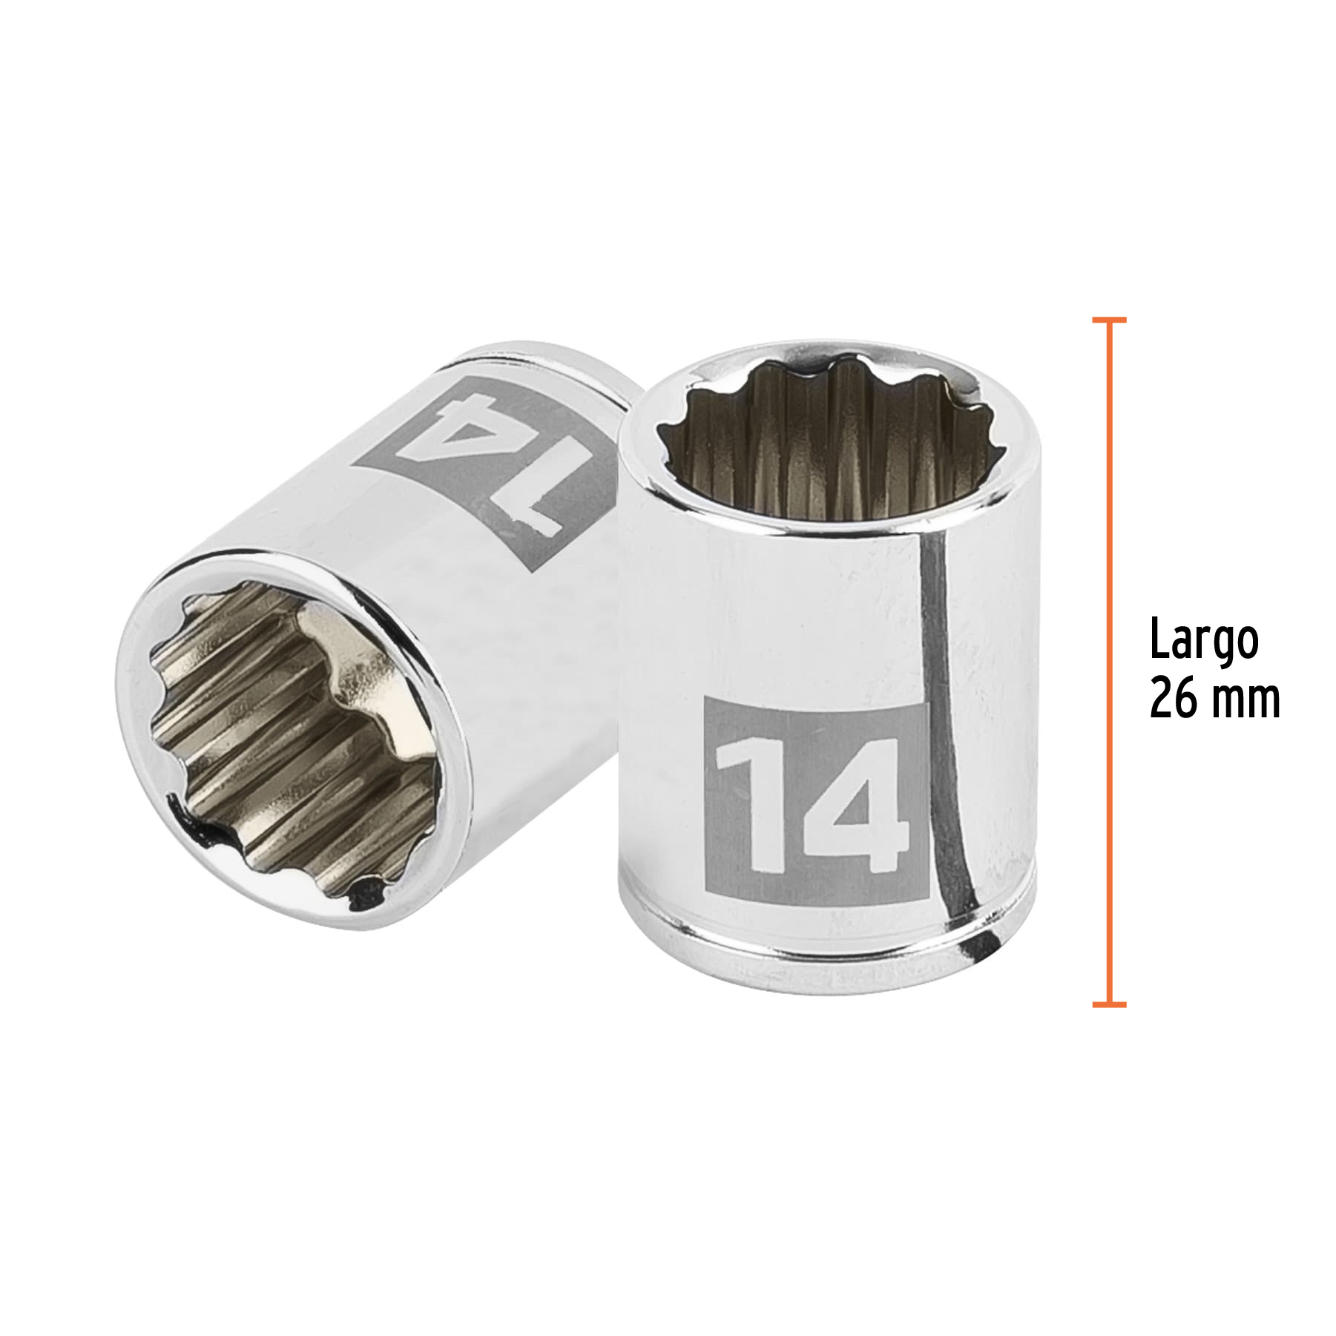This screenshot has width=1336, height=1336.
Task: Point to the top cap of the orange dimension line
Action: tap(1109, 320)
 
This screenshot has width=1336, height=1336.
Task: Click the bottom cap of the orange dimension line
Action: tap(1109, 1004)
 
